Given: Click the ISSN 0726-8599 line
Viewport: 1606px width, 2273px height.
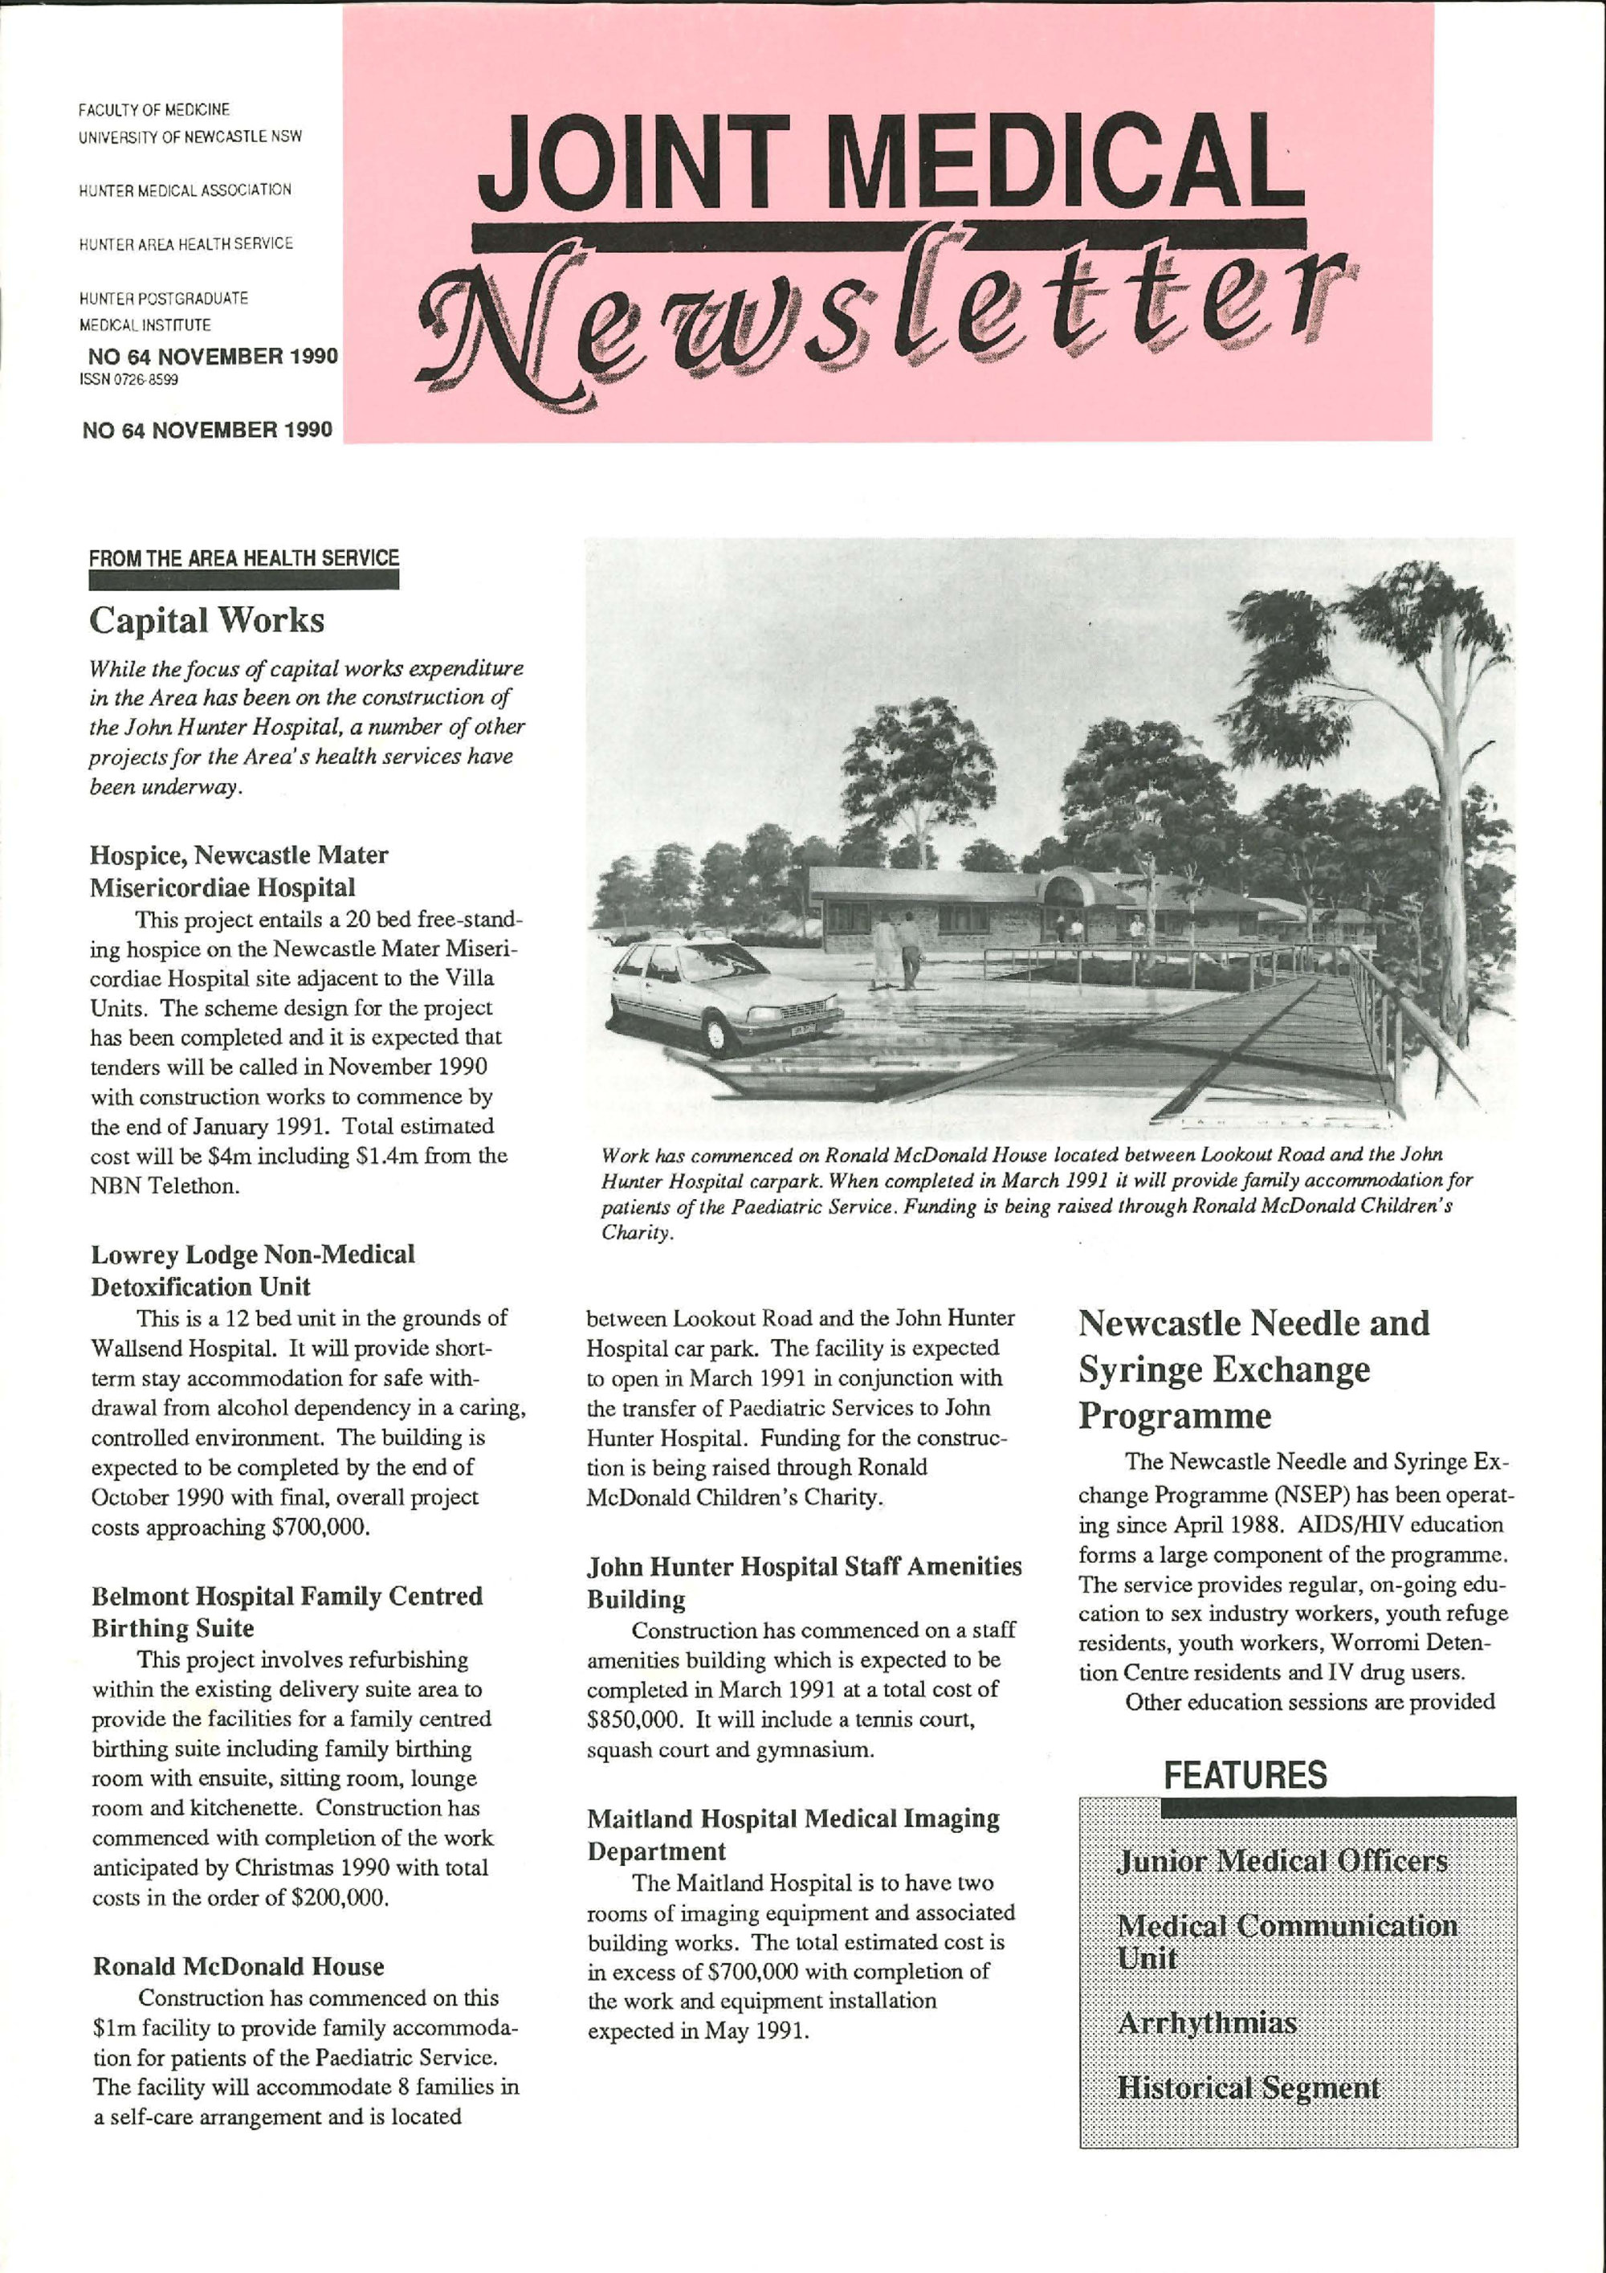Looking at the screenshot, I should click(128, 378).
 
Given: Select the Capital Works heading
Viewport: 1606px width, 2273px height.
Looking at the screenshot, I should click(207, 621).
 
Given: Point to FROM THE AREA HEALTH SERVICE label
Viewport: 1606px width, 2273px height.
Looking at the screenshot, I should click(243, 558).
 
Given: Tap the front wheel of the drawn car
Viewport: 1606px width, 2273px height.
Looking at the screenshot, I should click(720, 1034).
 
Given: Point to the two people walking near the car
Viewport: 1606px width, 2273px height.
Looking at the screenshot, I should click(895, 950).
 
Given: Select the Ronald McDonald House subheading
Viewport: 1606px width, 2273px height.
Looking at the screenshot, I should click(238, 1966).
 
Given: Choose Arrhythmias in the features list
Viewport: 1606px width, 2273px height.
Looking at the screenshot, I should click(1206, 2022).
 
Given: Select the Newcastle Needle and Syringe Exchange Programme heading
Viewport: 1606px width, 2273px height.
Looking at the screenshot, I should click(1253, 1369).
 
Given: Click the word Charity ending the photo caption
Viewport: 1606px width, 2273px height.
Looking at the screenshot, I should click(638, 1234).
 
